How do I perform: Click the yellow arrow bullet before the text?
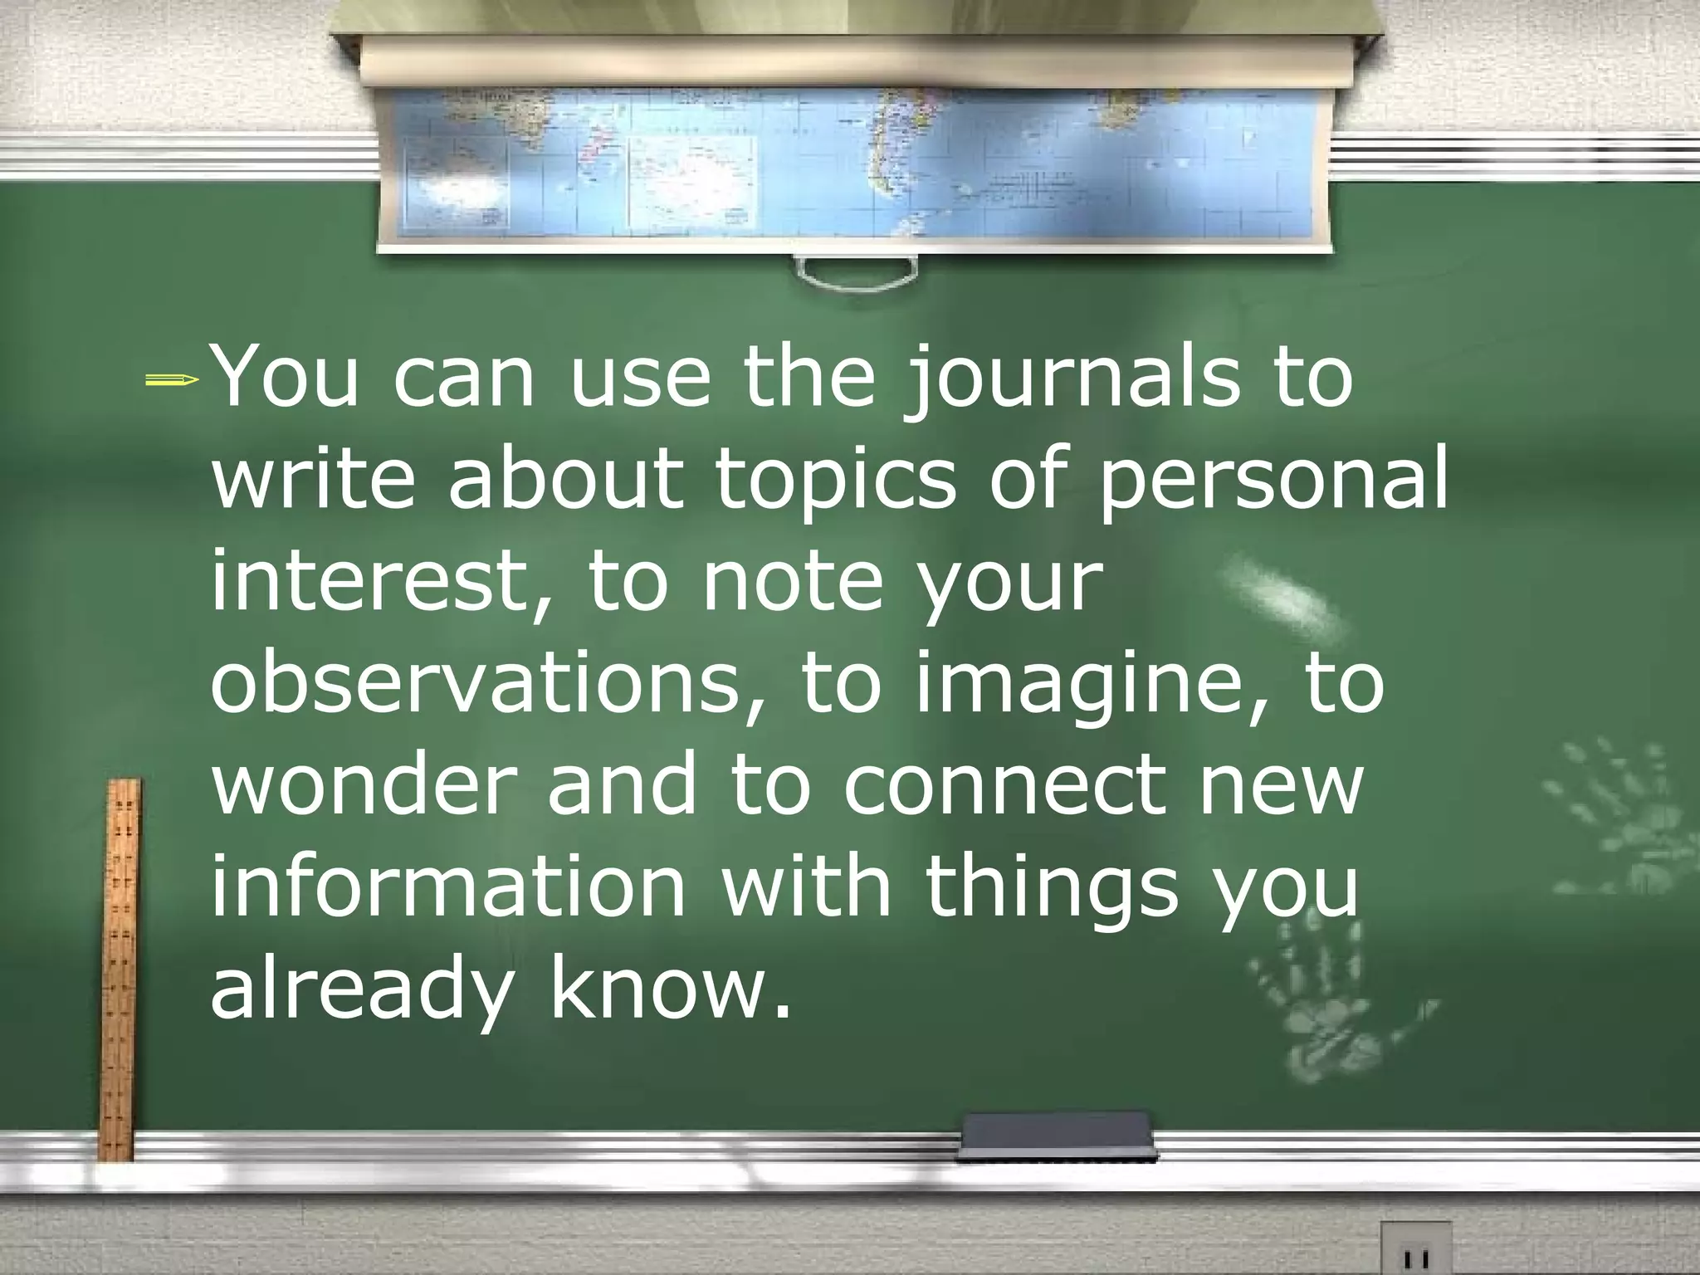pyautogui.click(x=172, y=381)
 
